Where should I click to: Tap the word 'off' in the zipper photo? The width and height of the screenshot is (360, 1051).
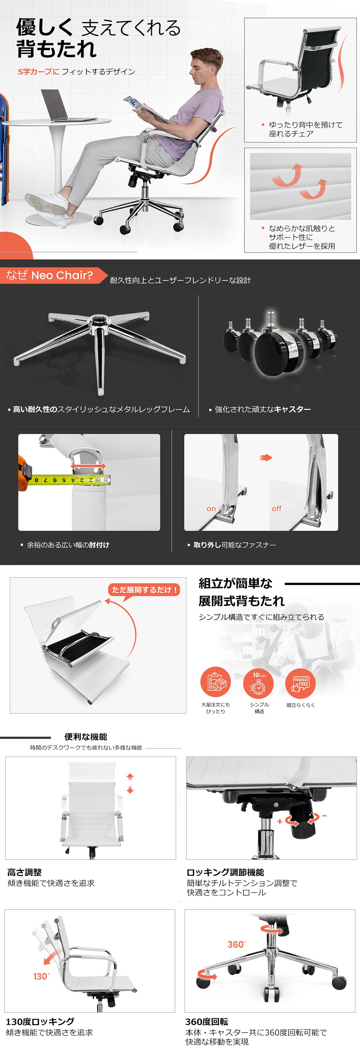tap(276, 508)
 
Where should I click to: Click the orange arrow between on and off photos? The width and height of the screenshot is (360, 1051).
tap(266, 457)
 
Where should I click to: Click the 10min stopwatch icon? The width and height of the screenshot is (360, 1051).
tap(258, 682)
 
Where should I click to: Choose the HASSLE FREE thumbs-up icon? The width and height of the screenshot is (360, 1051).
tap(301, 682)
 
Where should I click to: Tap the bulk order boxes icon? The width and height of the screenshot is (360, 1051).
tap(216, 682)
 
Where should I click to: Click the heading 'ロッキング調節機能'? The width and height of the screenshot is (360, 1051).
tap(225, 872)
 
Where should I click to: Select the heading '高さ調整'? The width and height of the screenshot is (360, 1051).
tap(24, 872)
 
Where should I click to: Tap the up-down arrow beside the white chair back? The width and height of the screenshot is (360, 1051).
tap(130, 783)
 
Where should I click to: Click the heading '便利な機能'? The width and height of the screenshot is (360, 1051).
tap(86, 736)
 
